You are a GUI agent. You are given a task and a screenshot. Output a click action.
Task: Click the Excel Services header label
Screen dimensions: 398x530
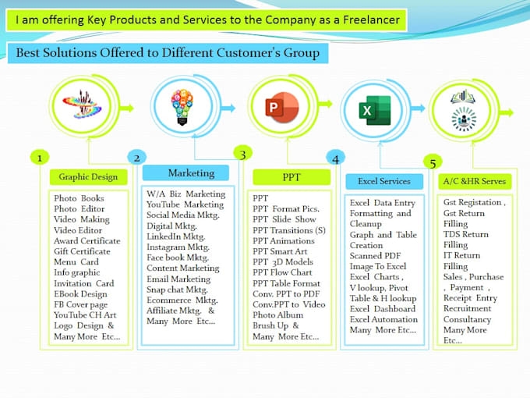point(384,181)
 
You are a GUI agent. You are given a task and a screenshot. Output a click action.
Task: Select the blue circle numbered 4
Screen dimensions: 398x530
point(335,158)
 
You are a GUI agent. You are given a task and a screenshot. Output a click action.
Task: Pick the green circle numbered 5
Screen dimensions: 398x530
point(432,162)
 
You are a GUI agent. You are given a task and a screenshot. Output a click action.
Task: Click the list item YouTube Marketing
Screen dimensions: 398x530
point(185,204)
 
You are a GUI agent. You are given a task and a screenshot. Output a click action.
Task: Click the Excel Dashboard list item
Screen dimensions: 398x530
point(383,308)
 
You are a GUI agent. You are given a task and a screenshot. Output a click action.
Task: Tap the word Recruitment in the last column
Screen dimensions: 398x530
point(468,308)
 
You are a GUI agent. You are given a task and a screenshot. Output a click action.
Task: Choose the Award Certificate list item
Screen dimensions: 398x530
point(87,241)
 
